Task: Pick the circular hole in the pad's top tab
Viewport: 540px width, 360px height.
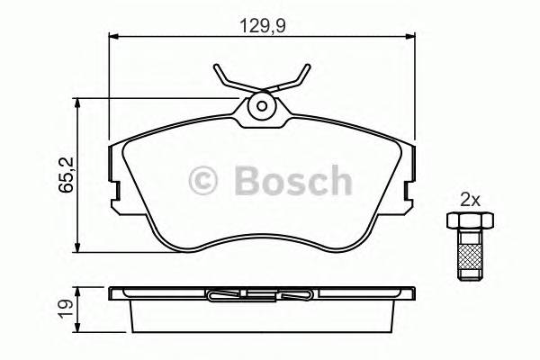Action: pyautogui.click(x=262, y=105)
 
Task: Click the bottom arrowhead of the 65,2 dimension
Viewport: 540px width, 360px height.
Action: pyautogui.click(x=82, y=249)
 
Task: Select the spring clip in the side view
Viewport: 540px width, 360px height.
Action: pyautogui.click(x=261, y=293)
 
